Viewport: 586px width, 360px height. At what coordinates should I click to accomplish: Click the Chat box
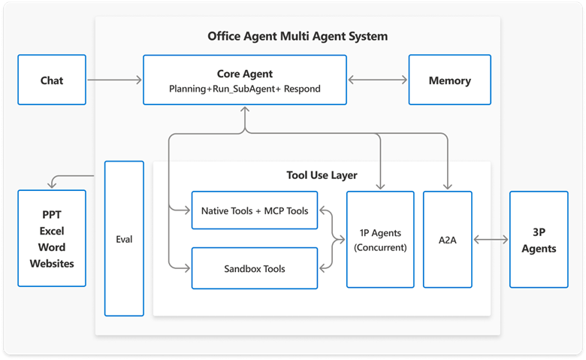click(52, 80)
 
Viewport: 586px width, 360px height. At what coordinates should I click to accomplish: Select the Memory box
click(449, 80)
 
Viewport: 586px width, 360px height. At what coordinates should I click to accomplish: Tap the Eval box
click(123, 238)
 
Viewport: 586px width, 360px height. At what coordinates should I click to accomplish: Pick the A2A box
click(448, 240)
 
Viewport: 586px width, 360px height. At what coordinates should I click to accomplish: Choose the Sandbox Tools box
click(255, 268)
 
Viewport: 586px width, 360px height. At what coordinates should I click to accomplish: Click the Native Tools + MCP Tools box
click(255, 211)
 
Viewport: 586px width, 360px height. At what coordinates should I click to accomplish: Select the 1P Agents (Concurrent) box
click(379, 240)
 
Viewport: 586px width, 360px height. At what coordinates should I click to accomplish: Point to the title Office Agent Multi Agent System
click(298, 36)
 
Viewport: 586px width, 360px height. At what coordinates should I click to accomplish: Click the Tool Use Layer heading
click(322, 175)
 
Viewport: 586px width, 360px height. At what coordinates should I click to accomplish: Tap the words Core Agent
click(245, 74)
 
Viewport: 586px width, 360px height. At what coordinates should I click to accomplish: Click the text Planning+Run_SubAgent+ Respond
click(245, 89)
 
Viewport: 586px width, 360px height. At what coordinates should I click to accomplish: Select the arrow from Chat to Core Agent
click(113, 80)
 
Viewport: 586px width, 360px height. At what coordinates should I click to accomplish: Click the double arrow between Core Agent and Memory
click(377, 80)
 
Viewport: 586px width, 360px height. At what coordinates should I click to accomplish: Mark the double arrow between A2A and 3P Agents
click(491, 240)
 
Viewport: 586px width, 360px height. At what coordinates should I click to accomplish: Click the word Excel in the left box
click(52, 230)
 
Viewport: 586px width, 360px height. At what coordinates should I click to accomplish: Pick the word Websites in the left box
click(52, 263)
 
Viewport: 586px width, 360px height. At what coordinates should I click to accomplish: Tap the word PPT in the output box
click(52, 213)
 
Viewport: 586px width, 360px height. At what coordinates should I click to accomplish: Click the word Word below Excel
click(52, 247)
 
